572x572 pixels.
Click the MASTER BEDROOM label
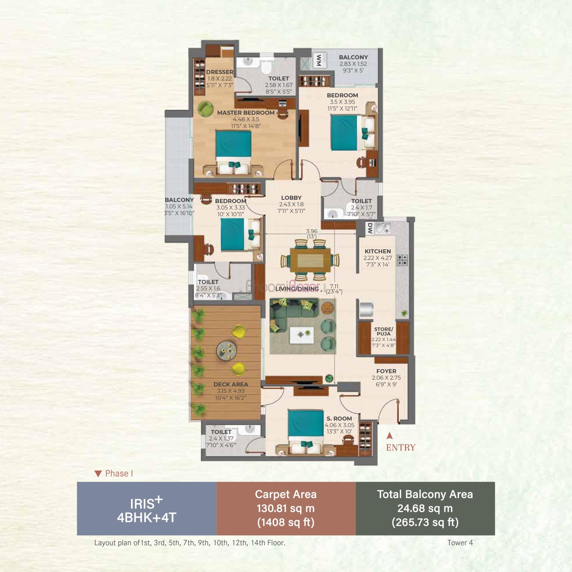[x=246, y=113]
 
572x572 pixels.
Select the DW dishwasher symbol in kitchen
[x=370, y=228]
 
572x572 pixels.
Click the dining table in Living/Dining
[x=310, y=261]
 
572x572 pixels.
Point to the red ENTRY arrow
[x=390, y=435]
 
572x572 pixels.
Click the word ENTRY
[x=401, y=448]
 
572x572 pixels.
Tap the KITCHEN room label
[x=378, y=251]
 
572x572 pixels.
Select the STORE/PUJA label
[x=384, y=331]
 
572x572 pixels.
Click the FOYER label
[x=386, y=371]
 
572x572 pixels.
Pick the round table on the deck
[x=226, y=351]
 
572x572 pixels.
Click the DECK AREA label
[x=231, y=384]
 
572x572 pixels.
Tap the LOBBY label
[x=291, y=198]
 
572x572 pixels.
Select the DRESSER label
[x=220, y=72]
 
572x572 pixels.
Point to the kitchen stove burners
[x=403, y=260]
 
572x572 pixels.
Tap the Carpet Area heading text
[x=286, y=494]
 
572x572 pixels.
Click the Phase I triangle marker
[x=98, y=474]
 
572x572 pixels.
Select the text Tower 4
[x=460, y=543]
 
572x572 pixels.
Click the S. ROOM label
[x=339, y=419]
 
